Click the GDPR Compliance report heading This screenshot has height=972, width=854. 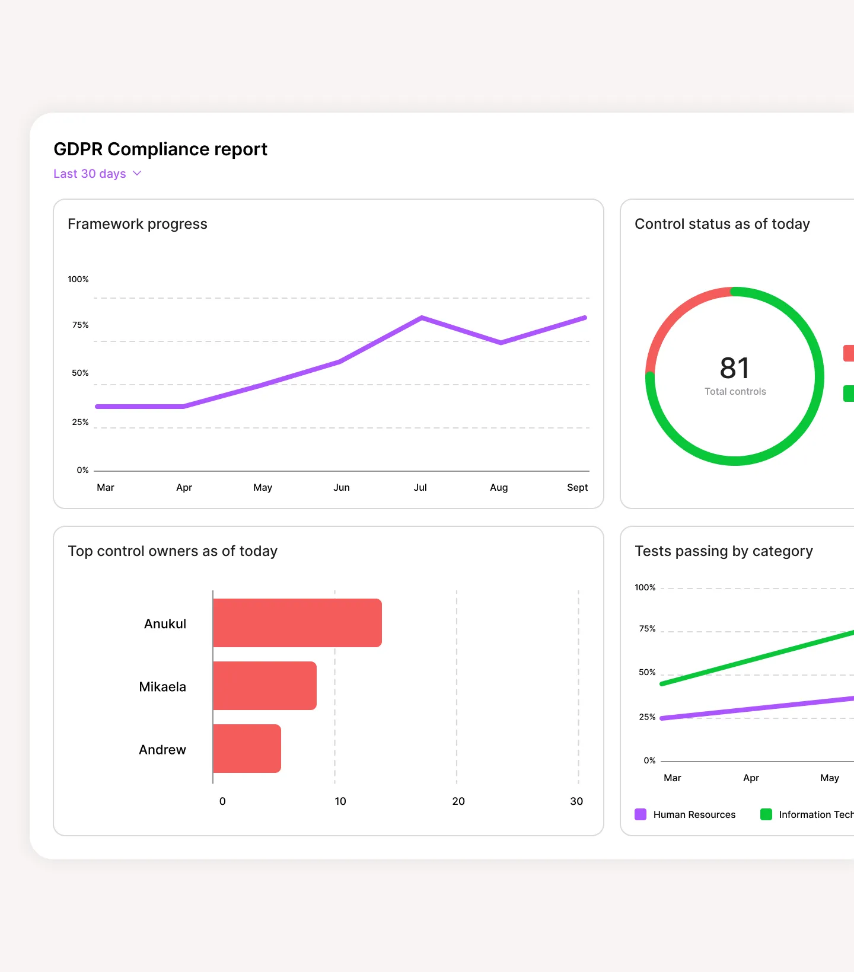(x=160, y=149)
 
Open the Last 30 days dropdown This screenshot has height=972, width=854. (x=97, y=174)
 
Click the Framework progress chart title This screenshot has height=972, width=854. (x=138, y=224)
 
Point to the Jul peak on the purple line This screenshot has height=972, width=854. (x=422, y=318)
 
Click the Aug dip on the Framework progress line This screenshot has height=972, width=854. (x=501, y=343)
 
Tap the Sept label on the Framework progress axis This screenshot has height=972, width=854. (x=577, y=487)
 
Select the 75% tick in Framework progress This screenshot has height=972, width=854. (x=80, y=325)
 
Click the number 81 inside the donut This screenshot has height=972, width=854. (x=734, y=368)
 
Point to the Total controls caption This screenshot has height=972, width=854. (x=735, y=391)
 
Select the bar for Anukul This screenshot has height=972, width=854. (x=297, y=623)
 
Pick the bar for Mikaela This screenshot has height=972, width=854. (x=265, y=686)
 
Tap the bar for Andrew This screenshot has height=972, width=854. (x=247, y=749)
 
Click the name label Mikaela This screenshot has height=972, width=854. (x=162, y=687)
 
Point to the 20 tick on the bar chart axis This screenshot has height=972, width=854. (x=458, y=801)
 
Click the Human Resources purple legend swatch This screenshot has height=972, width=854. (x=640, y=814)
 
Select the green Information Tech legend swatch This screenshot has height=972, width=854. (x=766, y=814)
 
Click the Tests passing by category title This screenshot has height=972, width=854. (x=724, y=551)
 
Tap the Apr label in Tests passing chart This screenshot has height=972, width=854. (x=751, y=778)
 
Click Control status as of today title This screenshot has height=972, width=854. (x=722, y=224)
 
